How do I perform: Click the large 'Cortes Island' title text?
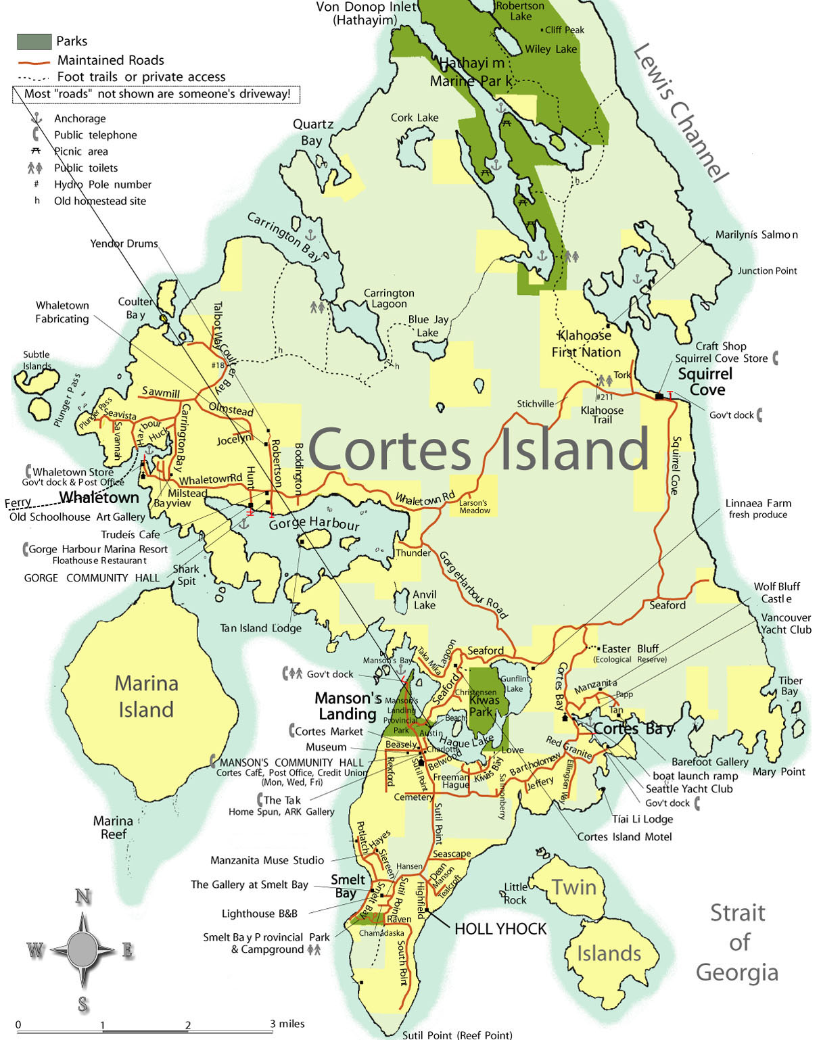coord(478,449)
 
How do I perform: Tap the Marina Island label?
coord(146,696)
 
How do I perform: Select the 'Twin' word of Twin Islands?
coord(573,887)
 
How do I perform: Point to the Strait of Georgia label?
coord(737,942)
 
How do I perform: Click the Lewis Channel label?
coord(679,113)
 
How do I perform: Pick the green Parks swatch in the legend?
coord(34,41)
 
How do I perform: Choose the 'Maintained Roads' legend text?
coord(110,60)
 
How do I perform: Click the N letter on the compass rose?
coord(83,897)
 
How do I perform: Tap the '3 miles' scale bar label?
coord(287,1023)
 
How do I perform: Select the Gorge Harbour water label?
coord(314,523)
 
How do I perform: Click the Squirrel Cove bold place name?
coord(705,381)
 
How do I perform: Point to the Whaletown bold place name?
coord(99,498)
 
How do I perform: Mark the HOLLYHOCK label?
coord(500,929)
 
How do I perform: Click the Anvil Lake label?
coord(425,599)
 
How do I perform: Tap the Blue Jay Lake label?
coord(427,325)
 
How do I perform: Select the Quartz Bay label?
coord(312,133)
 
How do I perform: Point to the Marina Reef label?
coord(113,827)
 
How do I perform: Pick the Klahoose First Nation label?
coord(586,344)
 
